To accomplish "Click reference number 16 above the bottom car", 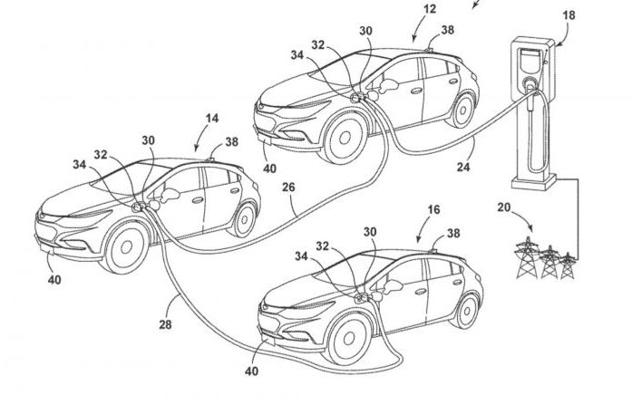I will tap(433, 209).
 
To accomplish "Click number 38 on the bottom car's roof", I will tap(453, 233).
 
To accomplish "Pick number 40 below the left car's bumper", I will tap(54, 281).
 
